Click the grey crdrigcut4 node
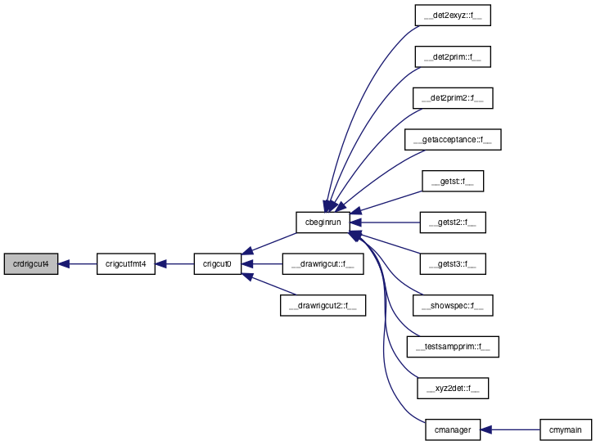coord(31,264)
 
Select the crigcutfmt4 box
coord(126,264)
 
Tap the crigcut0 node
coord(218,264)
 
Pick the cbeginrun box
coord(323,222)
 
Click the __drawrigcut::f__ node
coord(323,264)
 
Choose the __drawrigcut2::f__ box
coord(323,305)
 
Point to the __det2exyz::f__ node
coord(453,16)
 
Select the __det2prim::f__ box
coord(453,57)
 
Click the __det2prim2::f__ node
coord(453,98)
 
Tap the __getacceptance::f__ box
coord(453,140)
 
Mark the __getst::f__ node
coord(453,181)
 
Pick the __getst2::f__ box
coord(453,222)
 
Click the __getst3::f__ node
coord(453,264)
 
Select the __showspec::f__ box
coord(453,305)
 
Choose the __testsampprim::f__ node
coord(453,347)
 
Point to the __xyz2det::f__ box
coord(453,388)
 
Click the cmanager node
coord(453,429)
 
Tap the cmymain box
coord(566,429)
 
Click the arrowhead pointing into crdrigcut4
coord(64,264)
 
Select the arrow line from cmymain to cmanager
coord(510,429)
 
